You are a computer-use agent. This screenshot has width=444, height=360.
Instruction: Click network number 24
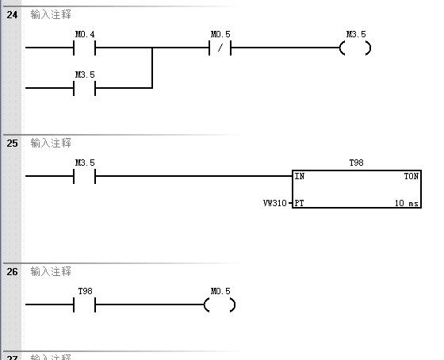(x=12, y=15)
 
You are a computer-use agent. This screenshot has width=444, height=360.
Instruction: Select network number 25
(x=12, y=144)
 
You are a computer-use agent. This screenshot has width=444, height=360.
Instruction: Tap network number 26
(x=12, y=272)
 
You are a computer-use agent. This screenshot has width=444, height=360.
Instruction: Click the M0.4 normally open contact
(x=84, y=48)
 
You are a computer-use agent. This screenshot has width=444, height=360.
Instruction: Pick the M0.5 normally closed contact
(x=220, y=48)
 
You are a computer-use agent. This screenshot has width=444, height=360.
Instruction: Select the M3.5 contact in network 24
(x=84, y=88)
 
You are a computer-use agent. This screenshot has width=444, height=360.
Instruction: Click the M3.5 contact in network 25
(x=84, y=176)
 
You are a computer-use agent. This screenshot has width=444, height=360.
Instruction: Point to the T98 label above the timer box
(x=356, y=163)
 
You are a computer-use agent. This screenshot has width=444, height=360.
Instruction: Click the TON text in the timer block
(x=411, y=177)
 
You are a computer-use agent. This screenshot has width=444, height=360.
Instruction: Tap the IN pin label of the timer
(x=300, y=177)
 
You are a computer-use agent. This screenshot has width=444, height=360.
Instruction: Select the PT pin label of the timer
(x=299, y=203)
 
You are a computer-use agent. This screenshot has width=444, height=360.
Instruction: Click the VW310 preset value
(x=274, y=203)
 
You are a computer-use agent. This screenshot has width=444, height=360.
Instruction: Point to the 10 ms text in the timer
(x=407, y=203)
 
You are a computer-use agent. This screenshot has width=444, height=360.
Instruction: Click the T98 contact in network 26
(x=84, y=304)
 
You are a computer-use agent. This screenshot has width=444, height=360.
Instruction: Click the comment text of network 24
(x=51, y=15)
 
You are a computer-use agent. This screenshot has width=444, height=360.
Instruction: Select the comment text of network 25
(x=51, y=144)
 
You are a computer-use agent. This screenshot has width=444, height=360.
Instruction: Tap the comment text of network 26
(x=51, y=272)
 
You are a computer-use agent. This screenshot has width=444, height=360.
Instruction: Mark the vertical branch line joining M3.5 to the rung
(x=152, y=68)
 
